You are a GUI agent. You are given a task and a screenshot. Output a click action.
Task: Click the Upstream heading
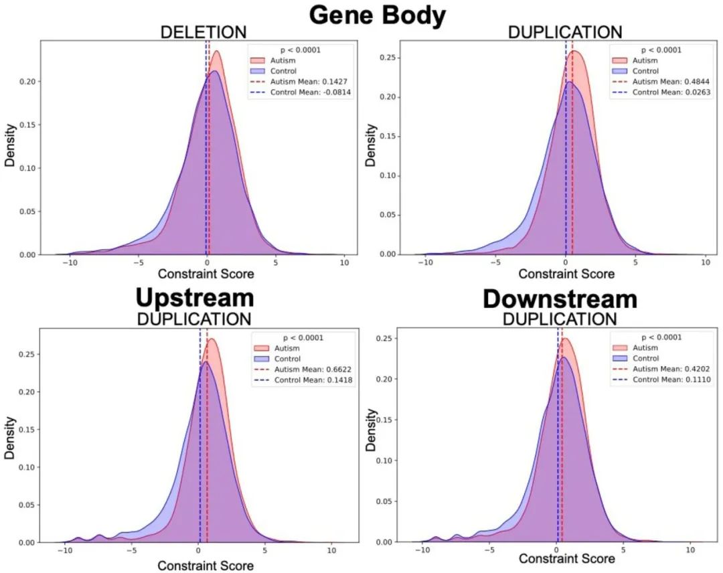pos(195,298)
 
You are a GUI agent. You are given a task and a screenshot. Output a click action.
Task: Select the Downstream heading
pos(560,299)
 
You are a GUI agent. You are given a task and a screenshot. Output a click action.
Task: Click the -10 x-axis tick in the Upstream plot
pos(64,550)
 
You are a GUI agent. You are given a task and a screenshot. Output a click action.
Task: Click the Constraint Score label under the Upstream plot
pos(206,566)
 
